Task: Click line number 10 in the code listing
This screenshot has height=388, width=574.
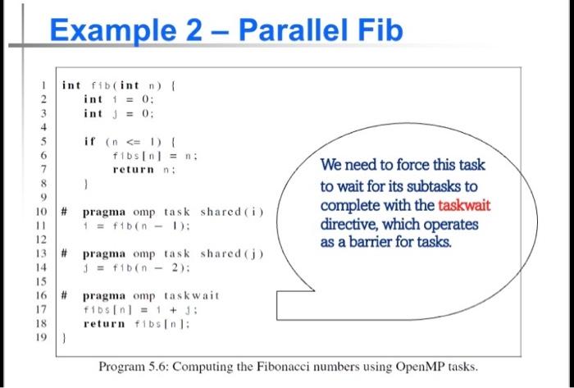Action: pyautogui.click(x=39, y=211)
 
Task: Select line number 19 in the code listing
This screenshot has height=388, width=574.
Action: pyautogui.click(x=39, y=336)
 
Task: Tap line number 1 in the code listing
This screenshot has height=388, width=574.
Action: pyautogui.click(x=42, y=85)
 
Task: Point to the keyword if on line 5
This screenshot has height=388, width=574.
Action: pyautogui.click(x=89, y=141)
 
